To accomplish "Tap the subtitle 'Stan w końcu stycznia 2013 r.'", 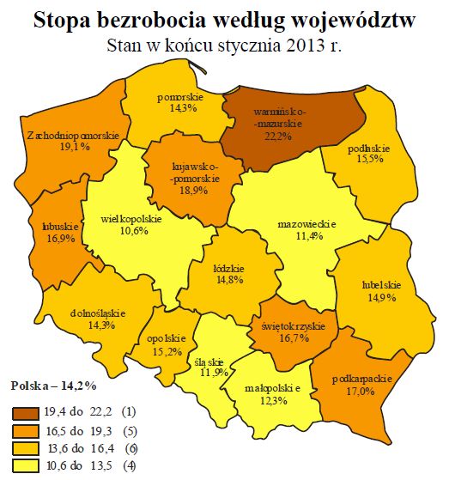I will click(x=223, y=46).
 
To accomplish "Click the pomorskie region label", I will click(x=179, y=97).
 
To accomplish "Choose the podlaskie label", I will click(x=365, y=149).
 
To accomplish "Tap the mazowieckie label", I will click(x=306, y=224).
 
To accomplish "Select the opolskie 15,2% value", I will click(x=167, y=351).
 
